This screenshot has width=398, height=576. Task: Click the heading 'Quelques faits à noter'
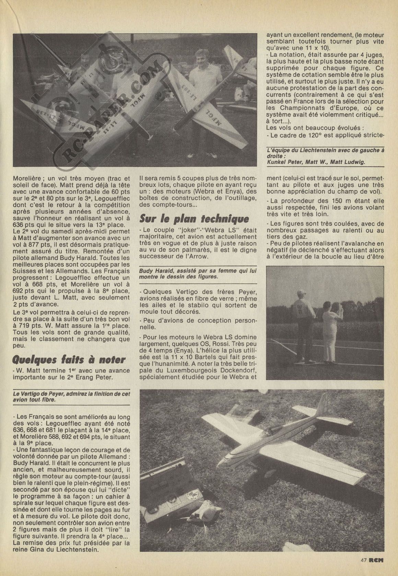[x=69, y=360]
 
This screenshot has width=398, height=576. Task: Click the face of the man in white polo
[x=201, y=57]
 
